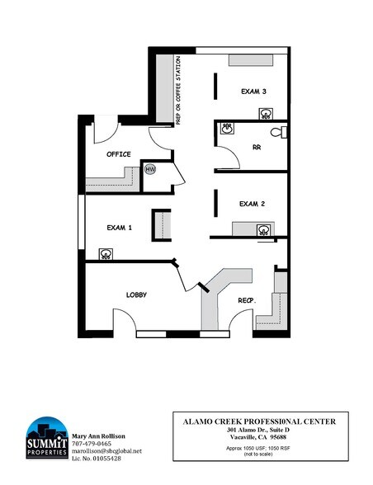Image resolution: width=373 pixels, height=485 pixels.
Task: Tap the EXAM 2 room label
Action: pos(251,203)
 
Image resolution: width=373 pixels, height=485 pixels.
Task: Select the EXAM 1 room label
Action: pos(120,228)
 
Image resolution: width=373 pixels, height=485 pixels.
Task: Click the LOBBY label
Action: pos(137,294)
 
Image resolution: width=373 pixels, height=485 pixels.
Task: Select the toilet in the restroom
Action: pos(277,130)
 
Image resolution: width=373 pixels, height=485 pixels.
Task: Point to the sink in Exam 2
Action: pos(263,229)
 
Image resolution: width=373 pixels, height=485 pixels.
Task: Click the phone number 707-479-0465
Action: pos(92,443)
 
